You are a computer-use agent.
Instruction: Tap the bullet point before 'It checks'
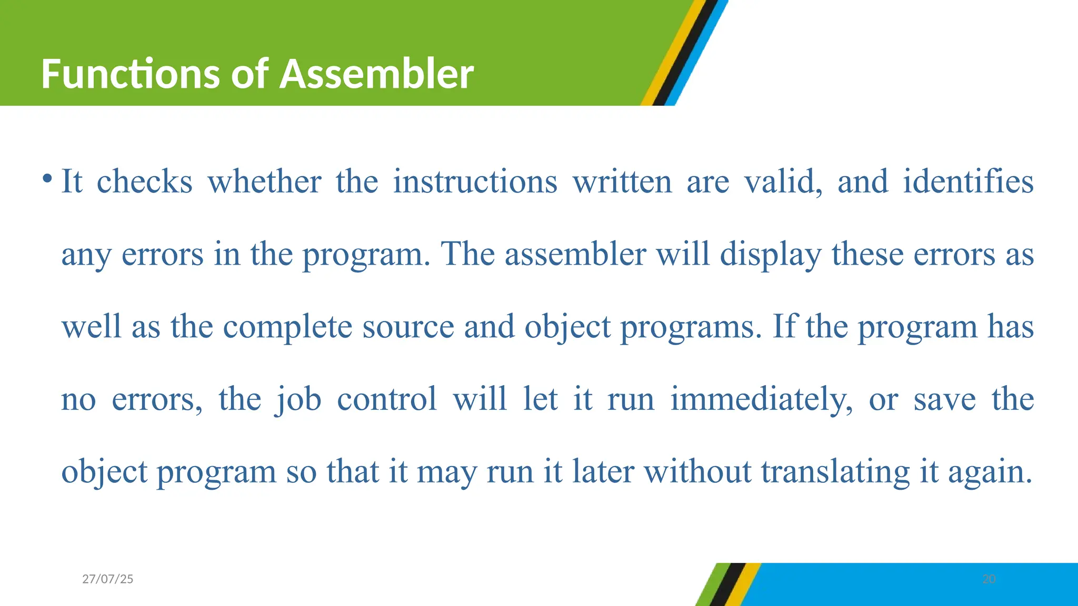tap(47, 179)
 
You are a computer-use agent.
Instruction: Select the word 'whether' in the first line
tap(264, 182)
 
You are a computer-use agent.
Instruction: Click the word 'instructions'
tap(475, 182)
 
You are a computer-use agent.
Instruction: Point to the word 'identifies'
tap(968, 182)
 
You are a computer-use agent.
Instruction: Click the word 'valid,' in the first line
tap(783, 182)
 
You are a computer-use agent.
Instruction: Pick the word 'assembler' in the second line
tap(575, 255)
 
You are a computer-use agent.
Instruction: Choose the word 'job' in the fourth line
tap(298, 400)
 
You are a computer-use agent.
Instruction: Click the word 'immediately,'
tap(761, 400)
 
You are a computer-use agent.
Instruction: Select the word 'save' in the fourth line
tap(944, 400)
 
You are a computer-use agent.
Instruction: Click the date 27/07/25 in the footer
tap(108, 579)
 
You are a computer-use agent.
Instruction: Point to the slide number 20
tap(989, 579)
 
